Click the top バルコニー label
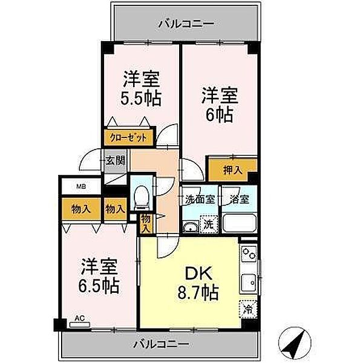tap(186, 24)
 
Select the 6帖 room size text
tap(219, 113)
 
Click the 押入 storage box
tap(234, 171)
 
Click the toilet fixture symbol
tap(141, 197)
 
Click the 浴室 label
tap(238, 198)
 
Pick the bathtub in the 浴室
tap(240, 224)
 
